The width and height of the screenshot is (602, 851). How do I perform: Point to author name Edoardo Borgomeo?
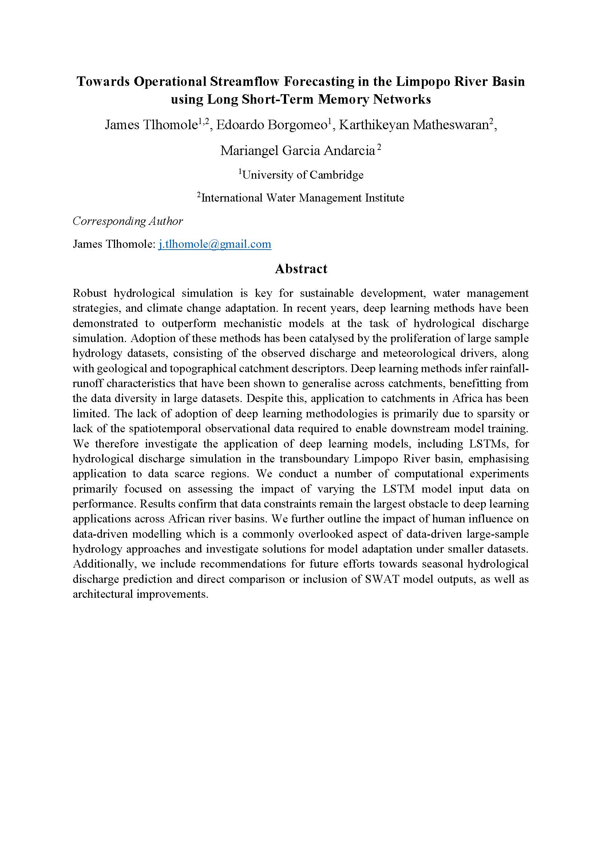[271, 125]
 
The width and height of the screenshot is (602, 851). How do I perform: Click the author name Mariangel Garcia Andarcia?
[297, 151]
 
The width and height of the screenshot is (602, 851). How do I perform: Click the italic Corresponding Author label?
[128, 221]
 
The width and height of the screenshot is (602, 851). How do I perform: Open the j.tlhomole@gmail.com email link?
[215, 244]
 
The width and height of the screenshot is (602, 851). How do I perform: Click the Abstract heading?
[301, 269]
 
